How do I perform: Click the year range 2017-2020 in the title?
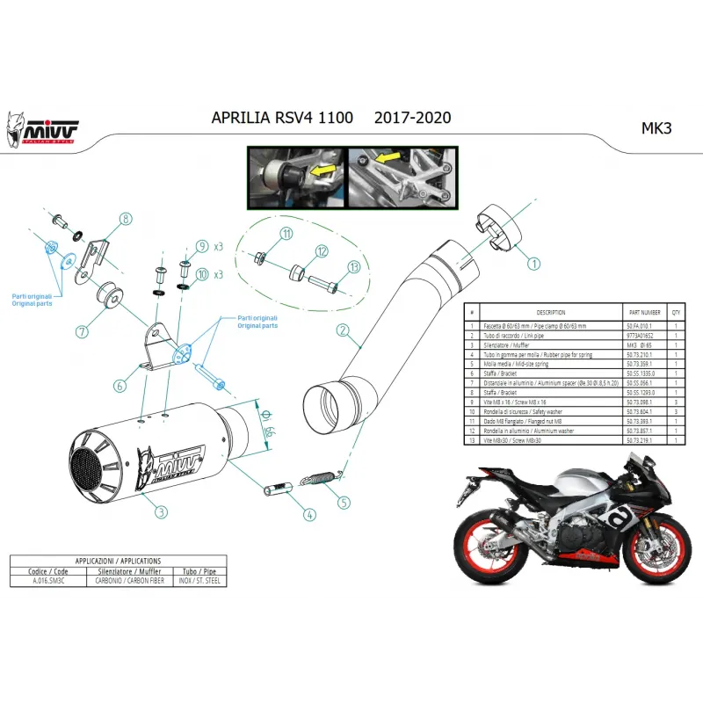click(x=413, y=118)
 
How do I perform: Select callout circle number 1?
click(x=534, y=261)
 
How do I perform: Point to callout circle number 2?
click(x=343, y=330)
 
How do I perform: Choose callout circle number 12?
click(x=322, y=251)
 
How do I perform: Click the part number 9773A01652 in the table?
click(x=637, y=335)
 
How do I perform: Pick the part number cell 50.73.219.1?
click(x=637, y=437)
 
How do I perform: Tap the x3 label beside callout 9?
click(x=218, y=246)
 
